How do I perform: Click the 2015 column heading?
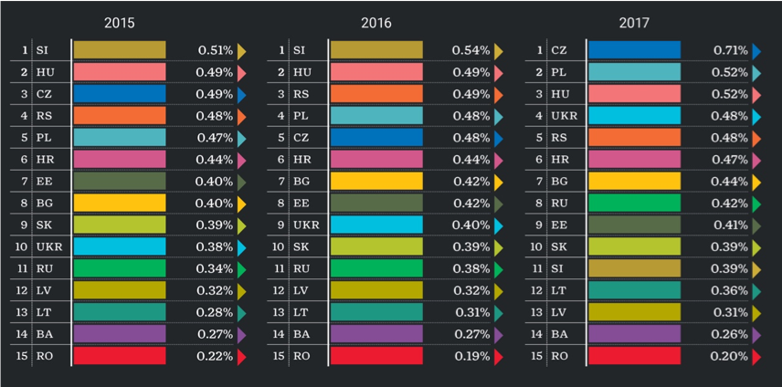point(119,23)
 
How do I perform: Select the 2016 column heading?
point(375,23)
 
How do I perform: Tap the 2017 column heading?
point(634,23)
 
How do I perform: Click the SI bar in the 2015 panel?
point(119,50)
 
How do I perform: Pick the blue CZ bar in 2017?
point(634,50)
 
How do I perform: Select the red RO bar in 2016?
point(376,356)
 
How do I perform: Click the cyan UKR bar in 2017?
point(634,116)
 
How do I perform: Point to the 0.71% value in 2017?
point(731,50)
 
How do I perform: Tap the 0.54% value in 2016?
point(471,50)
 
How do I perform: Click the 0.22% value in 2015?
point(215,356)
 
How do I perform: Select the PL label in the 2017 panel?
point(559,72)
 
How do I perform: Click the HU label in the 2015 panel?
point(45,72)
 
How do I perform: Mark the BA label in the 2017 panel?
point(559,334)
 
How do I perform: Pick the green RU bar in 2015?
point(119,268)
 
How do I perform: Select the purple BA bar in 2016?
point(376,334)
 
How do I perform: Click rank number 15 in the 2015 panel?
point(23,356)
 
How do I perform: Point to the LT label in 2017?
point(559,290)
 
